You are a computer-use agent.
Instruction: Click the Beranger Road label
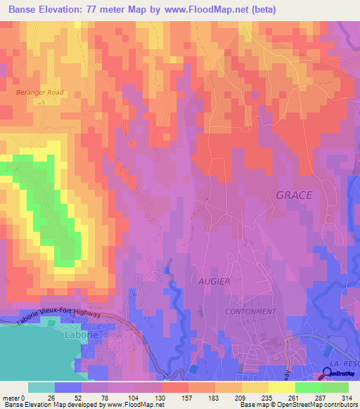point(40,92)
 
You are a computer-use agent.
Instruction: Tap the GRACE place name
point(295,195)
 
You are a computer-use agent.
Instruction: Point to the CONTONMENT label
point(250,311)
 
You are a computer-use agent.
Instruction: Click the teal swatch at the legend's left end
point(41,387)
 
